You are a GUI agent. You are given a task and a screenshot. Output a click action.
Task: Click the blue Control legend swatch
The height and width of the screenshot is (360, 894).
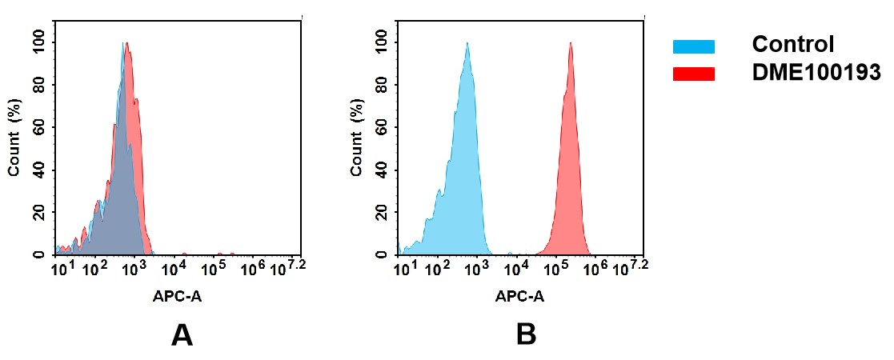pyautogui.click(x=693, y=46)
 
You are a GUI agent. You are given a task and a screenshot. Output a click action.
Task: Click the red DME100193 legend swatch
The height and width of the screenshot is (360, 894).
pyautogui.click(x=693, y=74)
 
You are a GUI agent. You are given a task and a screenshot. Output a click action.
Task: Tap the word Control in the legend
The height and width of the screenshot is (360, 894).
pyautogui.click(x=793, y=45)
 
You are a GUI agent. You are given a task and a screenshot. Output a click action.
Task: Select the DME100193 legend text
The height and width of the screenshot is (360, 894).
pyautogui.click(x=816, y=73)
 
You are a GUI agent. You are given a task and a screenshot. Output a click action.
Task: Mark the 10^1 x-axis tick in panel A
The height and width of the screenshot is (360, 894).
pyautogui.click(x=62, y=268)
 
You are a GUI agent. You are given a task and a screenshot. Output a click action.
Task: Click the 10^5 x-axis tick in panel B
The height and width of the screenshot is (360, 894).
pyautogui.click(x=555, y=268)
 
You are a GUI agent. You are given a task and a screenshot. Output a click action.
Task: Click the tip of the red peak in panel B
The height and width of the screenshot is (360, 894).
pyautogui.click(x=571, y=43)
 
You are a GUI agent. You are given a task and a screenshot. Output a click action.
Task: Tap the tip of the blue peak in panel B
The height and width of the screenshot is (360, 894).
pyautogui.click(x=467, y=43)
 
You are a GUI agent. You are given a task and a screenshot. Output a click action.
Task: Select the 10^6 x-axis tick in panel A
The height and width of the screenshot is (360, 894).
pyautogui.click(x=253, y=268)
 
